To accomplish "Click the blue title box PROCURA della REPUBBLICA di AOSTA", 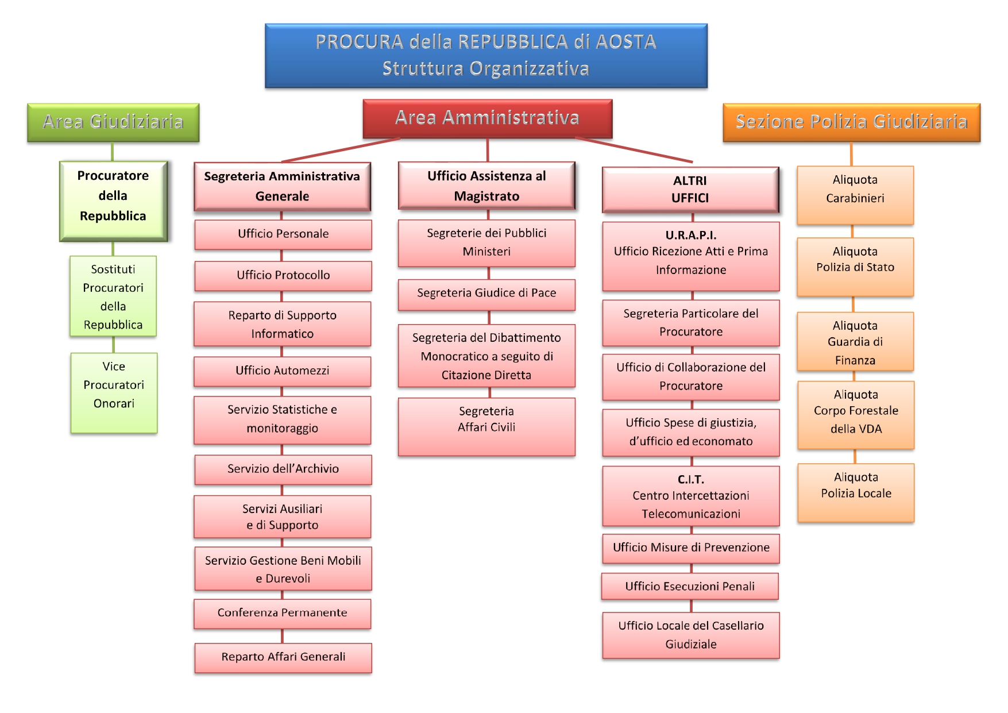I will pyautogui.click(x=486, y=55).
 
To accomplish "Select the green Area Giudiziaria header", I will pyautogui.click(x=113, y=122).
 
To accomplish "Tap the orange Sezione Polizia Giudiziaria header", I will pyautogui.click(x=851, y=122).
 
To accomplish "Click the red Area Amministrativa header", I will pyautogui.click(x=487, y=118).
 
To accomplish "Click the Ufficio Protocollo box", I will pyautogui.click(x=283, y=276).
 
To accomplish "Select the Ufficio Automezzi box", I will pyautogui.click(x=283, y=371).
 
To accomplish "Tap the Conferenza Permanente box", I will pyautogui.click(x=283, y=613).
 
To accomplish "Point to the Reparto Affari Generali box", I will pyautogui.click(x=283, y=657).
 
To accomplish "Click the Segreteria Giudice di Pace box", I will pyautogui.click(x=486, y=294).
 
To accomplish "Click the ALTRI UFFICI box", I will pyautogui.click(x=690, y=190).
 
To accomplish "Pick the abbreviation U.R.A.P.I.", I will pyautogui.click(x=690, y=235).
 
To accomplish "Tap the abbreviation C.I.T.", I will pyautogui.click(x=690, y=479).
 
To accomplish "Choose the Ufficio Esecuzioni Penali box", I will pyautogui.click(x=690, y=587).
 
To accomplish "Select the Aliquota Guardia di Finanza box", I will pyautogui.click(x=855, y=342).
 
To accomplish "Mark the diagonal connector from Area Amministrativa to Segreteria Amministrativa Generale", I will pyautogui.click(x=341, y=150).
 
